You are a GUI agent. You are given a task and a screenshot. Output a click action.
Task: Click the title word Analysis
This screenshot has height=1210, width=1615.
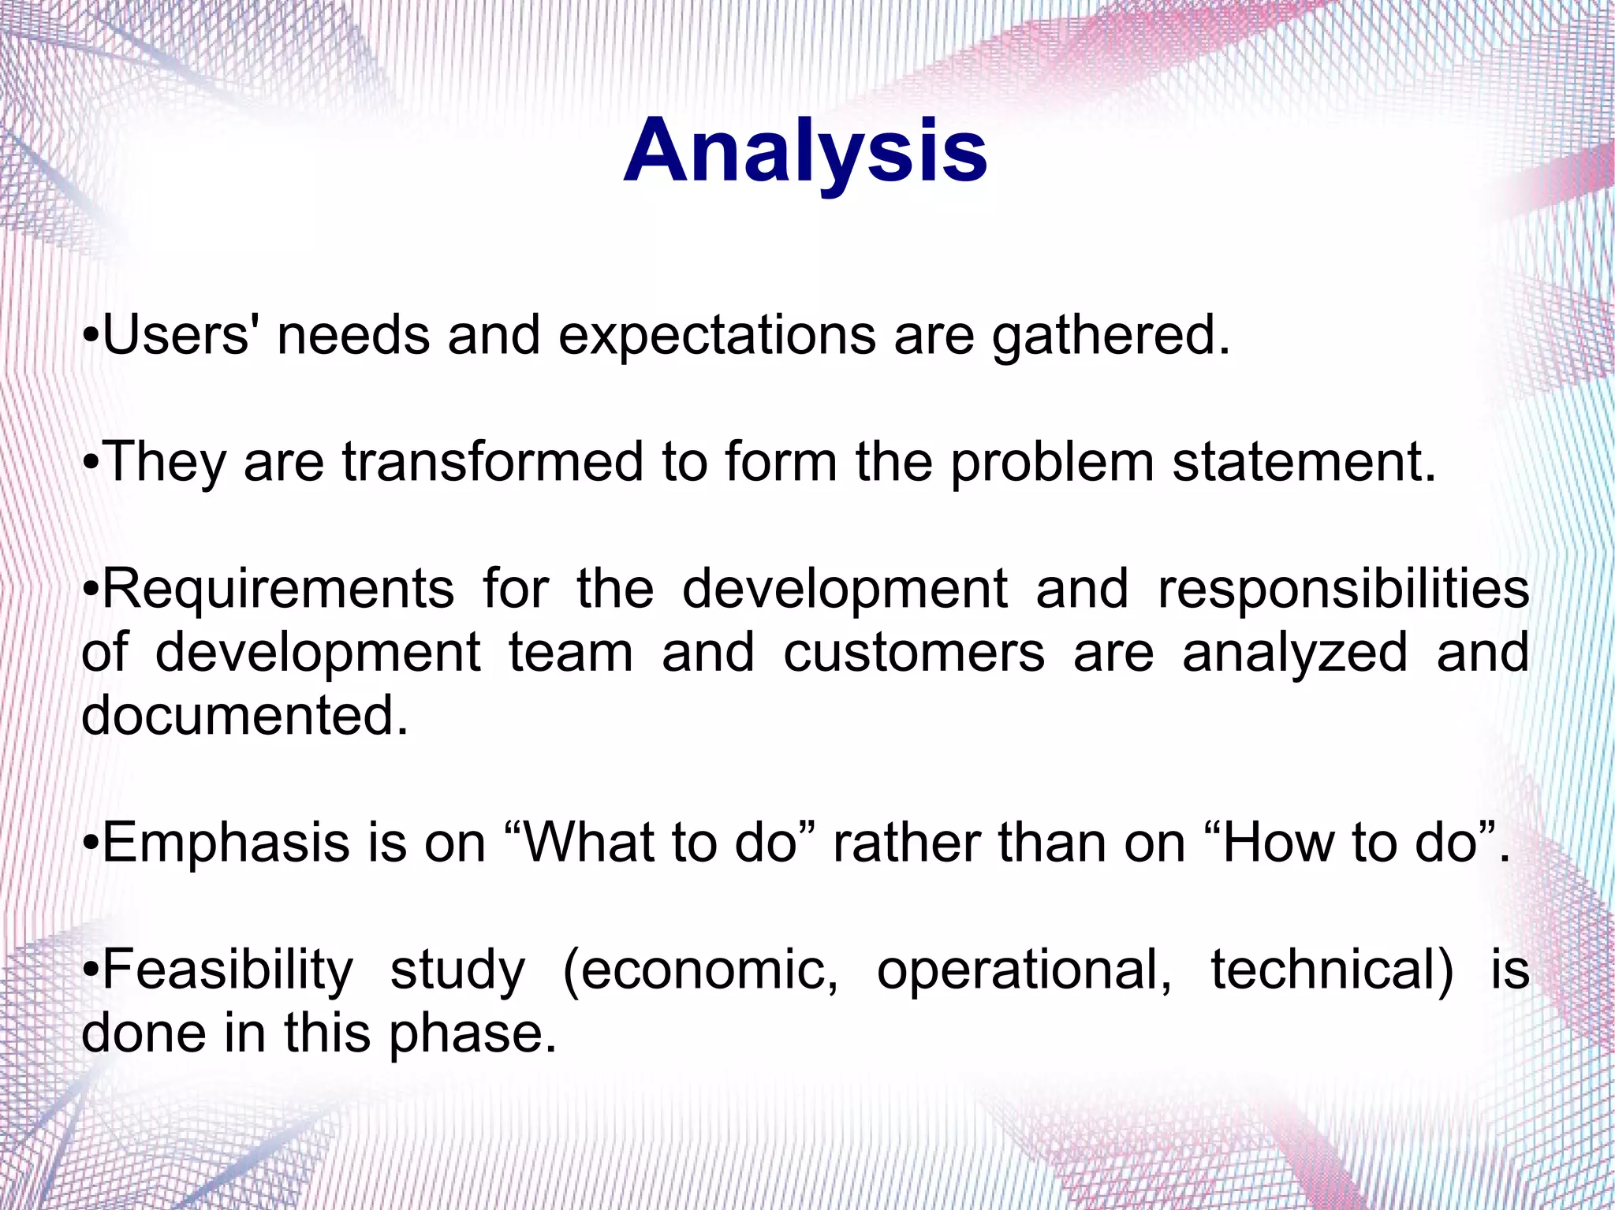(805, 151)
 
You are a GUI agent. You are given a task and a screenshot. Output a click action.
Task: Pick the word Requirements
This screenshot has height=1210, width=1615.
(278, 590)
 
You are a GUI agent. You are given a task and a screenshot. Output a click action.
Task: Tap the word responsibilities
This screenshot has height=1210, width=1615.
(1343, 590)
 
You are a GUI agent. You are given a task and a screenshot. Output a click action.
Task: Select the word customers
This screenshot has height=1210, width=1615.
(914, 653)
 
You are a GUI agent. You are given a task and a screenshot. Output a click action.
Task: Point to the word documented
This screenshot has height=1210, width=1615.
(245, 716)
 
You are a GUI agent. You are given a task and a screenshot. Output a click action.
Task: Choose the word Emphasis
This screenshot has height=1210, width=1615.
(226, 843)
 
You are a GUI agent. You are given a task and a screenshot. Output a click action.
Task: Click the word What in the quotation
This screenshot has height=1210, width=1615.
(591, 842)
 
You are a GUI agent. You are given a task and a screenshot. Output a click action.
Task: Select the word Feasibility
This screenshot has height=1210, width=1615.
(228, 971)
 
